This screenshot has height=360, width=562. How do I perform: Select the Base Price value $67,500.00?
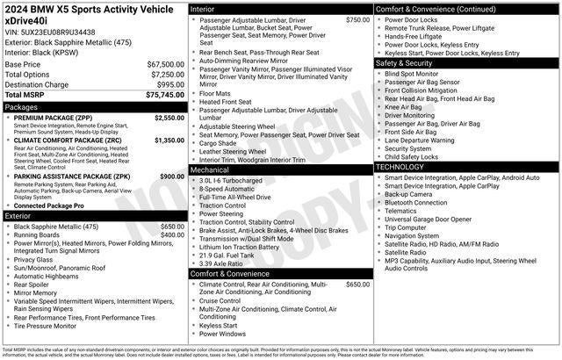(164, 65)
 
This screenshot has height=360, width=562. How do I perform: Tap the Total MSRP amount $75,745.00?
(164, 95)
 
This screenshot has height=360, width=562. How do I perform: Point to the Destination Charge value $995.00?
(169, 84)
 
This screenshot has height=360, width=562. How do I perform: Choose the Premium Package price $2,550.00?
(169, 118)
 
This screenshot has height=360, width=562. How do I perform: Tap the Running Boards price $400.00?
(172, 235)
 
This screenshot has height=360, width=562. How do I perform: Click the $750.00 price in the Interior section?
(357, 19)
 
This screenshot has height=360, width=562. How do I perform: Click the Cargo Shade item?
(219, 142)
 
